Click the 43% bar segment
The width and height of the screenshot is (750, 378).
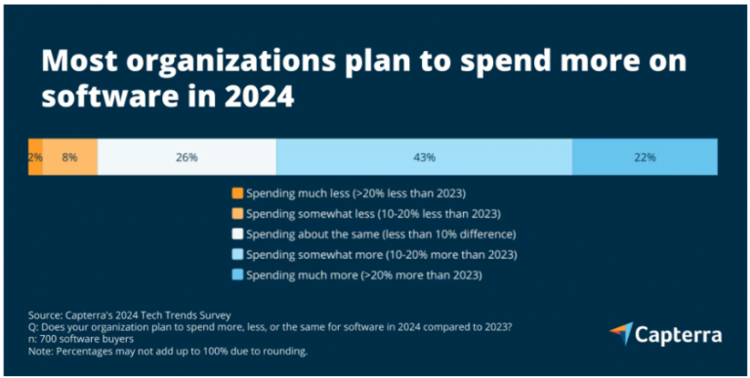424,156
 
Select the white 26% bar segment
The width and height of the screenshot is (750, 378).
187,156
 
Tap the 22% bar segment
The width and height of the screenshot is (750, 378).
644,156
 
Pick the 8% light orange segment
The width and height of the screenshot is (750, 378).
69,156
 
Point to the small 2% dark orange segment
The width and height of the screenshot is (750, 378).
35,156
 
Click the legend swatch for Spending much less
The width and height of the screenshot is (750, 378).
237,193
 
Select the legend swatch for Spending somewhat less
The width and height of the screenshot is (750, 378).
237,214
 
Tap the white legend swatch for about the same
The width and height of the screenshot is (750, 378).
237,234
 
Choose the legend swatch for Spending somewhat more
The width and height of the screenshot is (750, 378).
237,255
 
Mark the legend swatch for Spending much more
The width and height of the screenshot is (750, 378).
237,275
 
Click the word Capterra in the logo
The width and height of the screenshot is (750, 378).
678,335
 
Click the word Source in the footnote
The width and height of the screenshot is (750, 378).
47,315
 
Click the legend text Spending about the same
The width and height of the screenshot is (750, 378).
380,234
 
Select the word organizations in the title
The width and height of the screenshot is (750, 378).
206,62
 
